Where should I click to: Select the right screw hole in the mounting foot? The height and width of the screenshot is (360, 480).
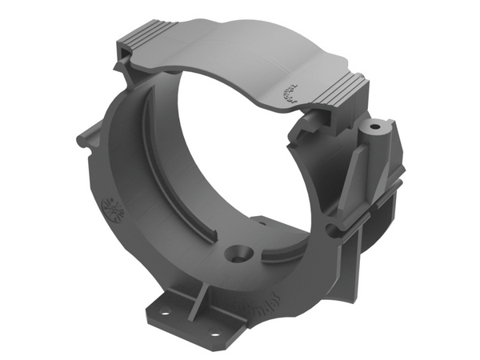pos(214,331)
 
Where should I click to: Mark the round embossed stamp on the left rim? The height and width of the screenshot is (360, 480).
pos(114,209)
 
